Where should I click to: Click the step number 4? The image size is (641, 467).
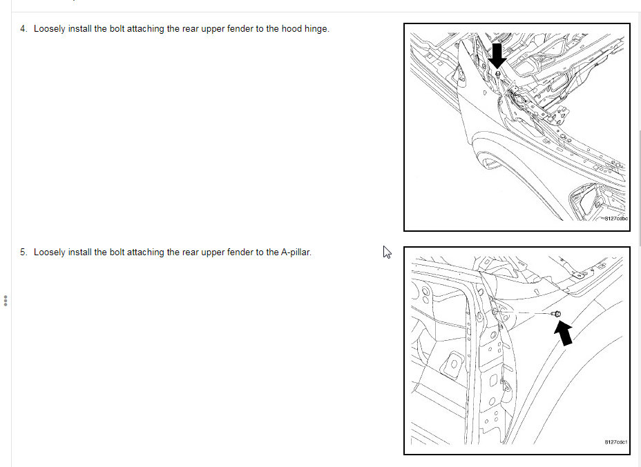click(x=23, y=29)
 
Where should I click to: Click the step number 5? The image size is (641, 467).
click(x=23, y=252)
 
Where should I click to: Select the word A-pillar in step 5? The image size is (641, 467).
click(x=296, y=252)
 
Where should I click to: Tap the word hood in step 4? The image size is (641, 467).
click(x=292, y=29)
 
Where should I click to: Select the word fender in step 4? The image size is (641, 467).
click(x=240, y=29)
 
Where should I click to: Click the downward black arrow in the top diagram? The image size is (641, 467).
click(x=497, y=56)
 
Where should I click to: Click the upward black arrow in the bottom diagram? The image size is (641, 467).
click(x=564, y=332)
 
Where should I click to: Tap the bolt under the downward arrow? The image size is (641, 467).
click(x=497, y=74)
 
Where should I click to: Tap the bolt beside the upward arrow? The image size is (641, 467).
click(x=556, y=313)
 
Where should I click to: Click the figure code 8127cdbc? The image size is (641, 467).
click(x=616, y=219)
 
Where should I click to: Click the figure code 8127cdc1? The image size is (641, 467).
click(x=616, y=442)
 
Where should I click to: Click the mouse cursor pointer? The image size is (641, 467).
click(x=387, y=252)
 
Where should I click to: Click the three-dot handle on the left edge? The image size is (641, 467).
click(x=6, y=301)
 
